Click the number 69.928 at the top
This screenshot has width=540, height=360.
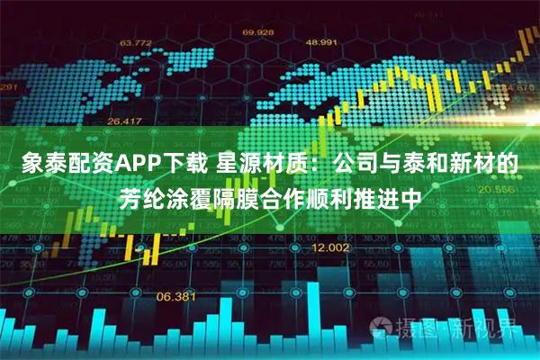coord(257,33)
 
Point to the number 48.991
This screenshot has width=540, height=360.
coord(322,41)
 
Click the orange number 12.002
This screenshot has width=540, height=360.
coord(329,247)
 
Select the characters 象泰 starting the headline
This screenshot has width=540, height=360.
coord(35,166)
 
